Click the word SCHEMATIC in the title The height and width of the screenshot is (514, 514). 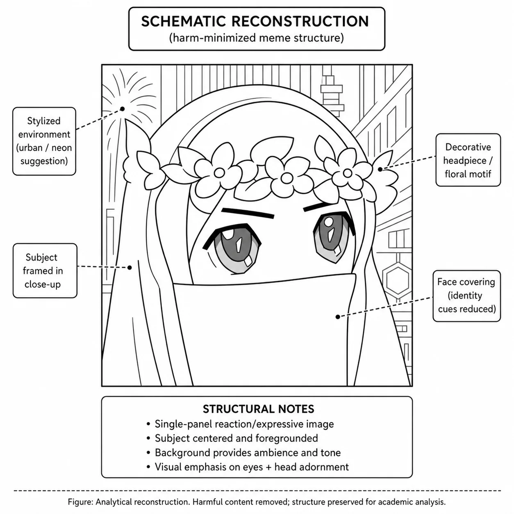[184, 21]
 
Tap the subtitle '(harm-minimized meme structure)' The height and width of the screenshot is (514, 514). [257, 38]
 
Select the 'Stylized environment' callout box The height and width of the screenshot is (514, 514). [44, 141]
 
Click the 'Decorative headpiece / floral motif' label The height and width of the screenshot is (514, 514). [468, 160]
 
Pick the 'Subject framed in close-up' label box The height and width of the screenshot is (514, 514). [45, 271]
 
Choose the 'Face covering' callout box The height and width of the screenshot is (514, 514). [466, 296]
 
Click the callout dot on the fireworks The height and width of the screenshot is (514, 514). [123, 109]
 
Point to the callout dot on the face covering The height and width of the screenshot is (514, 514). [338, 317]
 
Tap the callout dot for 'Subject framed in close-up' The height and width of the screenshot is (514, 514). [130, 268]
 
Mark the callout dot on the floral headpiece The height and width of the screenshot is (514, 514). [380, 169]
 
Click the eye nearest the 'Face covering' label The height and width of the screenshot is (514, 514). [333, 236]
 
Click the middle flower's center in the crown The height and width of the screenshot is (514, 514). [287, 178]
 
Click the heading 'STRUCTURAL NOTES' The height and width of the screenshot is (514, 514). [259, 409]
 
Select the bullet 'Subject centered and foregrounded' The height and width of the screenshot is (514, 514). [232, 438]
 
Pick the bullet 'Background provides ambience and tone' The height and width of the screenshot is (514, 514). [243, 453]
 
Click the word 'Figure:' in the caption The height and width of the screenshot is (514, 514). [80, 502]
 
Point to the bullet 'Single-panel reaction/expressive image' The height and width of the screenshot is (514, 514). [240, 424]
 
